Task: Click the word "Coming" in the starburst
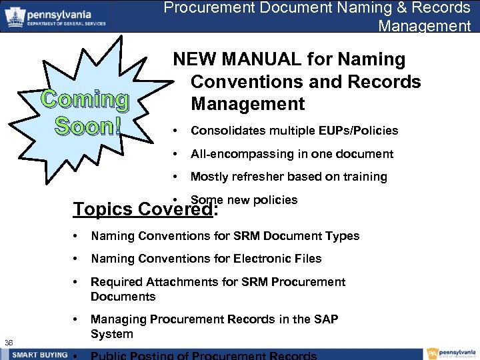pyautogui.click(x=85, y=99)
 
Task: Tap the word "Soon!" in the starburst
pyautogui.click(x=85, y=125)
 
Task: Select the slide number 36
pyautogui.click(x=9, y=343)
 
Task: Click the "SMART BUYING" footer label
pyautogui.click(x=39, y=355)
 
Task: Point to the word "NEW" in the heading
pyautogui.click(x=196, y=60)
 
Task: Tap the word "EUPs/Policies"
pyautogui.click(x=360, y=131)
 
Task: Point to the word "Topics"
pyautogui.click(x=103, y=209)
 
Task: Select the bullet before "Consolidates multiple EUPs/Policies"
pyautogui.click(x=174, y=131)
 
